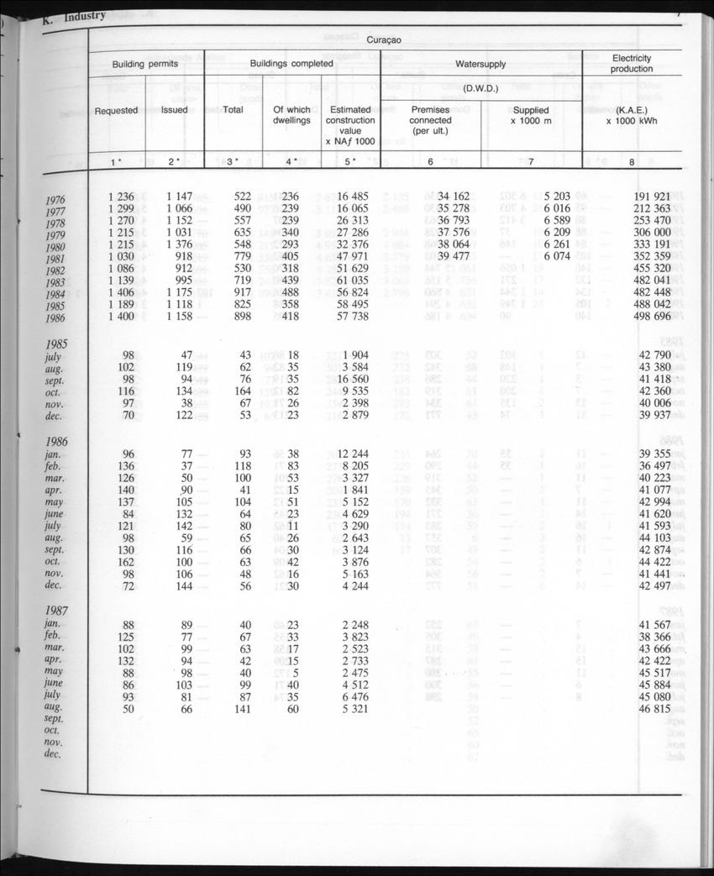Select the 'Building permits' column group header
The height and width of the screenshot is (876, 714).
(146, 64)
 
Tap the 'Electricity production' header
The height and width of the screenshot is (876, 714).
(632, 63)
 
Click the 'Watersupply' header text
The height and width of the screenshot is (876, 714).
(480, 64)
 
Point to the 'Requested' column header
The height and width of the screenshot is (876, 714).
(116, 110)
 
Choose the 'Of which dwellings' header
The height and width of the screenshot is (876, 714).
(291, 115)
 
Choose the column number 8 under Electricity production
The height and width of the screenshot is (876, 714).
(632, 161)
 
